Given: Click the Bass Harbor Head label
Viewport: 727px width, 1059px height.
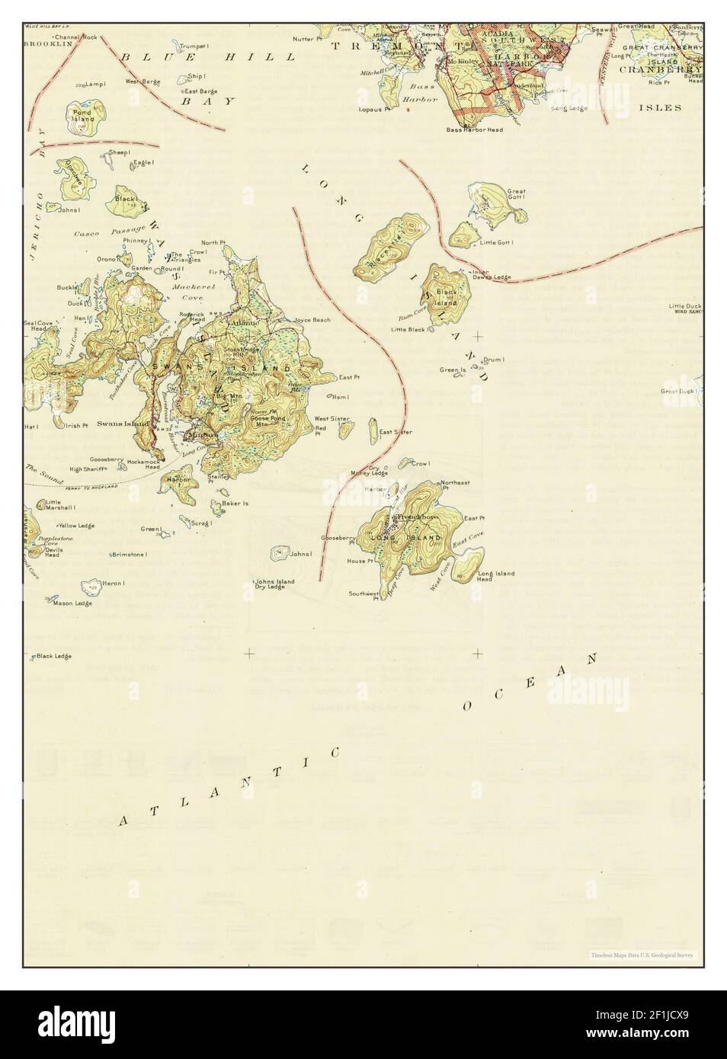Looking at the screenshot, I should (474, 130).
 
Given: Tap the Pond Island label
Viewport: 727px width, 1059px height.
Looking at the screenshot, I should (82, 116).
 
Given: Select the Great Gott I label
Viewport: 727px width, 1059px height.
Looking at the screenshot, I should (517, 195).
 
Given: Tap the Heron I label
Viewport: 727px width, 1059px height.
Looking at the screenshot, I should (113, 583).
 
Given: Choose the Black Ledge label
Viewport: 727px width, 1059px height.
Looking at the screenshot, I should (54, 656).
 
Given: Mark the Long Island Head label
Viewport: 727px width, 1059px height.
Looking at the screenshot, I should (495, 576).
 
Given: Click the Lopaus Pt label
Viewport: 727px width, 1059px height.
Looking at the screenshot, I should (374, 109).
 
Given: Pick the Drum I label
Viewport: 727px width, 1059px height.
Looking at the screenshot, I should (495, 359).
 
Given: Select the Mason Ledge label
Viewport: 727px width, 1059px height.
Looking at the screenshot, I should (72, 603).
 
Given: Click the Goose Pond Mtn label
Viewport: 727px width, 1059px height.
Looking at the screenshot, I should (263, 422).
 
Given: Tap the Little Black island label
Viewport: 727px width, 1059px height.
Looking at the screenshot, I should (408, 330).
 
